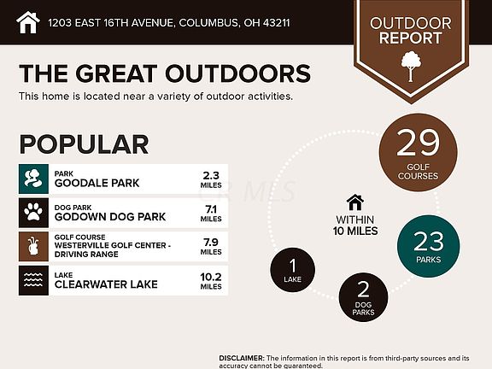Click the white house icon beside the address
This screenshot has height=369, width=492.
[x=28, y=22]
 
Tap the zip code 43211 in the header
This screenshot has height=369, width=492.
[x=277, y=23]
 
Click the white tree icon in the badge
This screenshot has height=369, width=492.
[x=411, y=67]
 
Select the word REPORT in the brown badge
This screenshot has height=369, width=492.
[x=410, y=38]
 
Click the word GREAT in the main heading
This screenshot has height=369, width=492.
[x=116, y=73]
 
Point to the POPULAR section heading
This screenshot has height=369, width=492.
[x=84, y=144]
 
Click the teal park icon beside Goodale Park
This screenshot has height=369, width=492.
[x=33, y=179]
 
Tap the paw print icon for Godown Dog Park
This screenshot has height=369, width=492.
[x=33, y=213]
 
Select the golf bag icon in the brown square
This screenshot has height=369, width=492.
[x=33, y=246]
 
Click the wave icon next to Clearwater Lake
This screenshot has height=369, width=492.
[x=33, y=280]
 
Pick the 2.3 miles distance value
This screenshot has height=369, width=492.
[x=211, y=179]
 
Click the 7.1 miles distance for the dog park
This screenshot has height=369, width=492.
[x=211, y=213]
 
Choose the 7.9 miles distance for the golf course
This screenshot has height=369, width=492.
[x=211, y=247]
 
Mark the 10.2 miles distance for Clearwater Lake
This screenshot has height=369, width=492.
[x=211, y=281]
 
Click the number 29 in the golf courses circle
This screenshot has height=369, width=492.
[x=418, y=143]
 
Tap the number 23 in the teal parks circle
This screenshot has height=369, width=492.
[x=429, y=241]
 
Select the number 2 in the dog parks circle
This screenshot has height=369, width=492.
[x=363, y=290]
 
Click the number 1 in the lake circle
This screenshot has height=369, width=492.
[x=293, y=266]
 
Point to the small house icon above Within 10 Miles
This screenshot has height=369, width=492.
[x=354, y=202]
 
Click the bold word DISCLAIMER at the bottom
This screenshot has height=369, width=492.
[x=242, y=358]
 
